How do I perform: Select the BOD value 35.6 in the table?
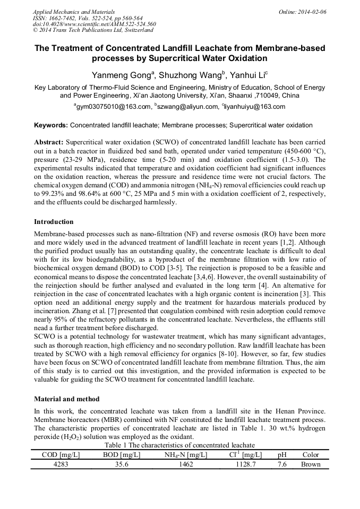(122, 464)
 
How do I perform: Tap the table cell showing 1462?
(186, 464)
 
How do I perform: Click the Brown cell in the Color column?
(311, 464)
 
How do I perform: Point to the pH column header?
(281, 455)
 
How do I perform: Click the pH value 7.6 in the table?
(281, 464)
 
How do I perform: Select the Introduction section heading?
(54, 221)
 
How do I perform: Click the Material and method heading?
(65, 399)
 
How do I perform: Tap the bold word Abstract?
(49, 143)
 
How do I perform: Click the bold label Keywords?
(50, 126)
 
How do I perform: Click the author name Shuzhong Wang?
(187, 75)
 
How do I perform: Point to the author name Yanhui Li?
(247, 75)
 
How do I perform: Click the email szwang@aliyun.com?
(187, 107)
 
